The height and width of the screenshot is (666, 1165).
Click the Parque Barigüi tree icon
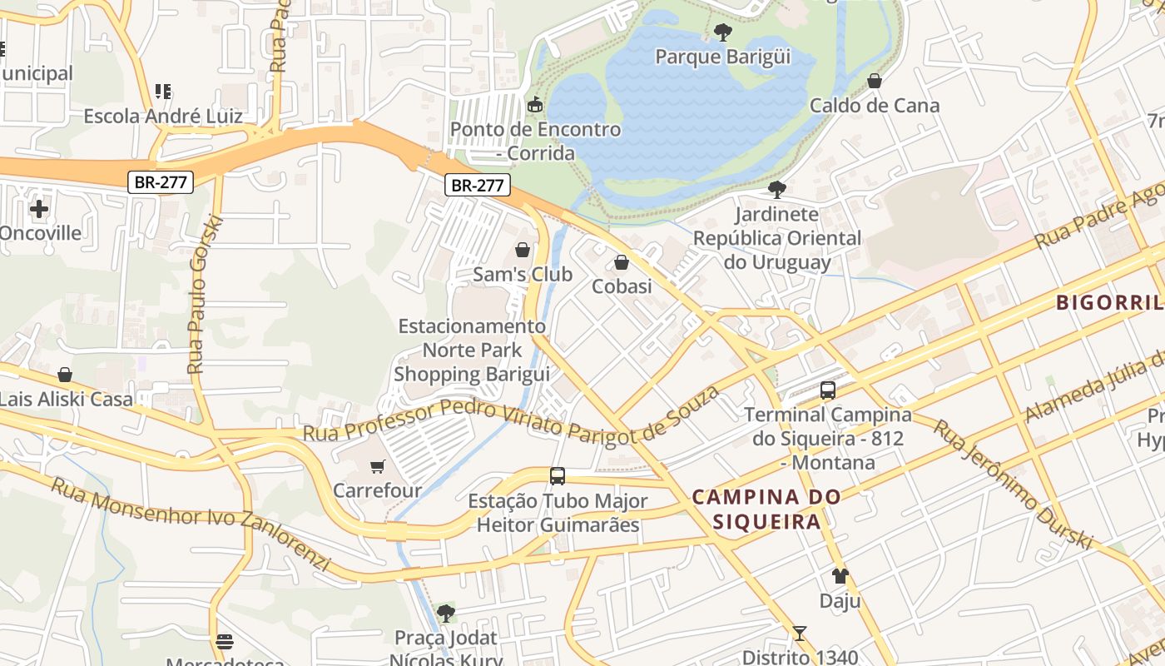[x=723, y=32]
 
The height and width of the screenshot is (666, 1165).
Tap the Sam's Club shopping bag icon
[x=523, y=250]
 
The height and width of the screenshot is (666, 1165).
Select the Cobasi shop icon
[x=621, y=263]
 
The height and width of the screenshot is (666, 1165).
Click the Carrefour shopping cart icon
[x=378, y=466]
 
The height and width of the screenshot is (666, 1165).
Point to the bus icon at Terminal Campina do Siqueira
[x=827, y=390]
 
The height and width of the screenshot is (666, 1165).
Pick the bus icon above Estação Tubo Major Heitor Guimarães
[x=558, y=476]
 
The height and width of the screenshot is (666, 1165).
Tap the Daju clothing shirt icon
[x=840, y=576]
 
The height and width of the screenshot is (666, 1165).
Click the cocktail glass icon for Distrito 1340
[x=799, y=634]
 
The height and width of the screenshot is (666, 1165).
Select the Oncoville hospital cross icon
[x=38, y=209]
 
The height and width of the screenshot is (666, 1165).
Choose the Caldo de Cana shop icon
[x=874, y=81]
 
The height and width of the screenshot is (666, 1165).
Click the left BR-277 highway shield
[x=161, y=182]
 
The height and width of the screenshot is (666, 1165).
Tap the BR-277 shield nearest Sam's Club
[x=477, y=185]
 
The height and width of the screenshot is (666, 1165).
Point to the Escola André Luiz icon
[x=162, y=92]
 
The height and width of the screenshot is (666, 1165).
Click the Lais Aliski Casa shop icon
[x=65, y=375]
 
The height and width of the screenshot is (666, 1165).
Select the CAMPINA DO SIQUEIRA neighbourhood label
[x=767, y=509]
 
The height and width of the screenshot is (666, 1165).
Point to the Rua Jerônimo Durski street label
[x=1011, y=484]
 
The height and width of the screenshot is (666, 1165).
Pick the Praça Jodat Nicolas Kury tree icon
[x=445, y=614]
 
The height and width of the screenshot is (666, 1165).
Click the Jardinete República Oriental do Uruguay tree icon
[x=776, y=190]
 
